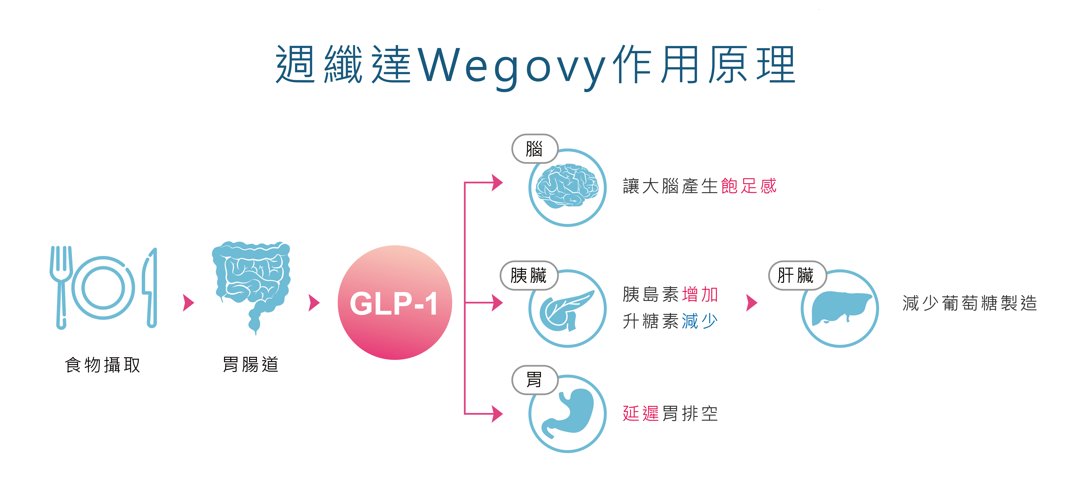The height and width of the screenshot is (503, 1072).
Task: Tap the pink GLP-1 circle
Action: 394,303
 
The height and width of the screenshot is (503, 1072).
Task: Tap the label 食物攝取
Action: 103,365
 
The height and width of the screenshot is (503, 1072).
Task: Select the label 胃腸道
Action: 251,364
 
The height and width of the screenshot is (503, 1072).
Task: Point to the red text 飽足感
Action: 749,186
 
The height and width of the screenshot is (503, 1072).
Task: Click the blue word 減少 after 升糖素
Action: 700,321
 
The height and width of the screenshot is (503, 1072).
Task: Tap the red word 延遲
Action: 641,413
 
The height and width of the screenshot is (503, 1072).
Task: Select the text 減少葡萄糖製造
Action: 970,303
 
